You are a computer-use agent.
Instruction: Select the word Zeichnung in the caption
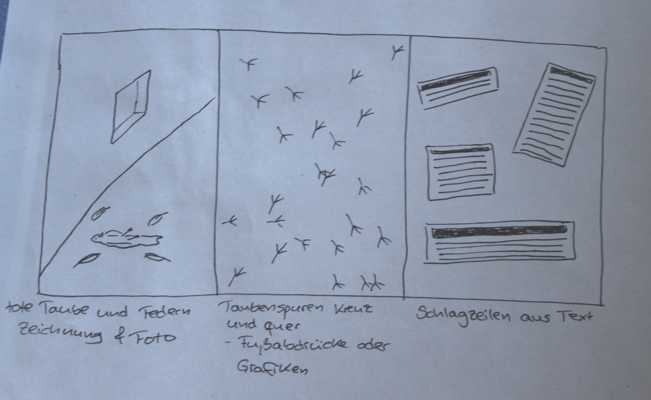61,334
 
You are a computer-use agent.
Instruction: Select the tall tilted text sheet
554,115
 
